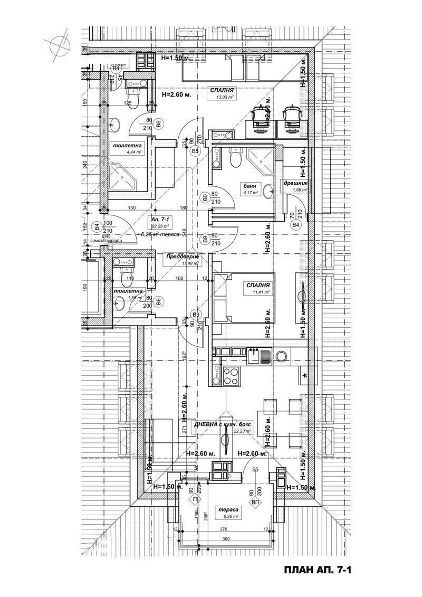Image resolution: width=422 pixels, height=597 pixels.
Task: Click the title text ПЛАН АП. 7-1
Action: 317,571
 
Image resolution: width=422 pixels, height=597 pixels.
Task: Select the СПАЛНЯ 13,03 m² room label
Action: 222,93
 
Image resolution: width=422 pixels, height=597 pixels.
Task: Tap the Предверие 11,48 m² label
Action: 183,259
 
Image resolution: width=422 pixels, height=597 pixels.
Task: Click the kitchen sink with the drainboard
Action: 259,356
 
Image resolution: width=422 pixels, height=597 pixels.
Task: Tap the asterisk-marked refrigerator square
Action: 306,375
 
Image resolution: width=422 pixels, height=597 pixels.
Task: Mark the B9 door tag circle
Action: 204,239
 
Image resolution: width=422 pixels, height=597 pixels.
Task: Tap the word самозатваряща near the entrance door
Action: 106,240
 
